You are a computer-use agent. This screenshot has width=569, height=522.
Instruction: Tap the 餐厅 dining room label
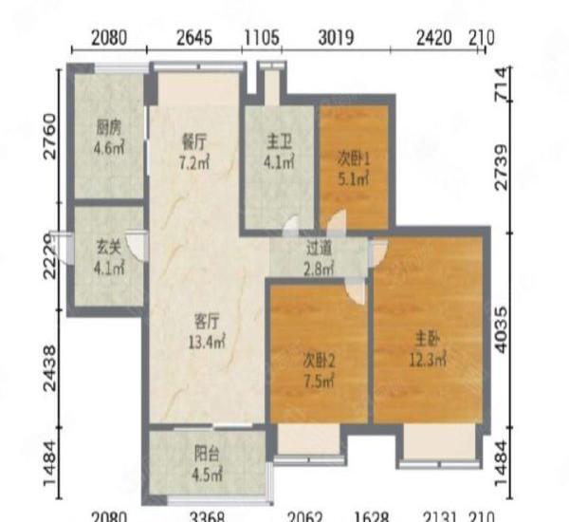(x=194, y=140)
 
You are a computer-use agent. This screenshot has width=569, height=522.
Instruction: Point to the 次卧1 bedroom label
(x=353, y=158)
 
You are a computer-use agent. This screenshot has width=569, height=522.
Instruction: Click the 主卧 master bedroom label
(x=425, y=339)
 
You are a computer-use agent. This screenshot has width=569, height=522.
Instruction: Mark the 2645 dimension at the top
(x=194, y=39)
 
